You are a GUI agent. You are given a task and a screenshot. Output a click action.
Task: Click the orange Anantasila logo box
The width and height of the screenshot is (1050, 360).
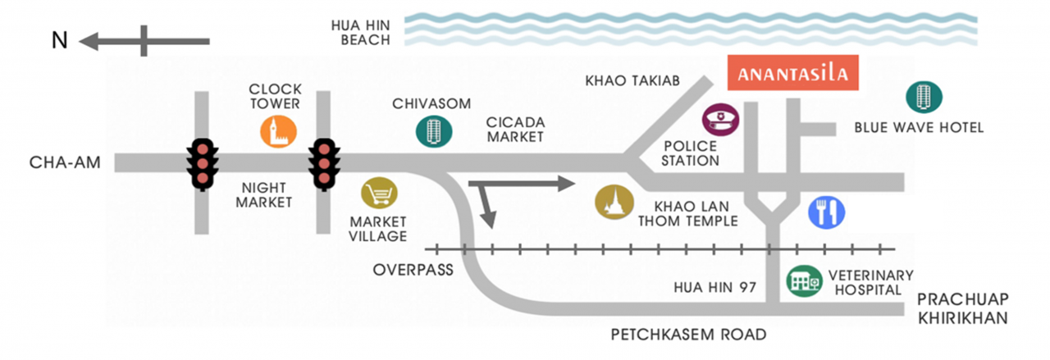pos(792,73)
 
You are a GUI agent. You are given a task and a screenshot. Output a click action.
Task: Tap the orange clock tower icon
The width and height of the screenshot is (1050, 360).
pos(278,132)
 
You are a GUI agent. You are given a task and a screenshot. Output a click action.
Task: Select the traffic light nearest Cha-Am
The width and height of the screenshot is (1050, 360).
pos(202,164)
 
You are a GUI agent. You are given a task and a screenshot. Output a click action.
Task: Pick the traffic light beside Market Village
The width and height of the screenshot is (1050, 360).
pos(324,164)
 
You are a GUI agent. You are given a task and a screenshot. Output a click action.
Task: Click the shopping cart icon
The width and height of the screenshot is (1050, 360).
pos(379,194)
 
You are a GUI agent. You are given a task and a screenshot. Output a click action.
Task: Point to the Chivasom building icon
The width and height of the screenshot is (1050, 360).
pos(434,131)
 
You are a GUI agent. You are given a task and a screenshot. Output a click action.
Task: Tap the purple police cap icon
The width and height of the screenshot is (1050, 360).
pos(720,120)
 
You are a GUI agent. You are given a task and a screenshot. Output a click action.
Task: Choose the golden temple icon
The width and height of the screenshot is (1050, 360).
pos(614,202)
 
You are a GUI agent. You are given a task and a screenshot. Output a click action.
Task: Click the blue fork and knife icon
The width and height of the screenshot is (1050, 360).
pos(826,212)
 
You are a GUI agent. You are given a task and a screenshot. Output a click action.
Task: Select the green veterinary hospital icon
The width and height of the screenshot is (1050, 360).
pos(805,281)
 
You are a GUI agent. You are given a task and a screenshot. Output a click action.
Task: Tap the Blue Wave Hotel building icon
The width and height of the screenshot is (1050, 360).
pos(924,97)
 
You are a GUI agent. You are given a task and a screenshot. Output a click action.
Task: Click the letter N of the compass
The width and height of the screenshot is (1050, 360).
pos(60,40)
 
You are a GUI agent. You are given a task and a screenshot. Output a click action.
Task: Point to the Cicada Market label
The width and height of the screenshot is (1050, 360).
pos(516,130)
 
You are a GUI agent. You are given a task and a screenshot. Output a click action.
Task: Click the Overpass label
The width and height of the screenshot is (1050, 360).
pos(413,270)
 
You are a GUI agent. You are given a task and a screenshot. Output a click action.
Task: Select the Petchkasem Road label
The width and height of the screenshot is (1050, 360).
pos(688,335)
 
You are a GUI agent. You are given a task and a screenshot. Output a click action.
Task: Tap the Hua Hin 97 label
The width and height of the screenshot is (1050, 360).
pos(714,287)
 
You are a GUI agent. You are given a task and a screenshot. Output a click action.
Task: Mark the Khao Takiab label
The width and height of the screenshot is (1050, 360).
pos(632,80)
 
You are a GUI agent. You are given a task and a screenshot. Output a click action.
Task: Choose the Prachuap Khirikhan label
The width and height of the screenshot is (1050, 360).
pos(963,308)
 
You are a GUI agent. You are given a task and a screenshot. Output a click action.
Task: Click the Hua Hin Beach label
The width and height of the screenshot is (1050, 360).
pos(360,32)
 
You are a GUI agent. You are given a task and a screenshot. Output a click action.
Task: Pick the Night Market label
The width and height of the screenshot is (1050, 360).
pos(264,195)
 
